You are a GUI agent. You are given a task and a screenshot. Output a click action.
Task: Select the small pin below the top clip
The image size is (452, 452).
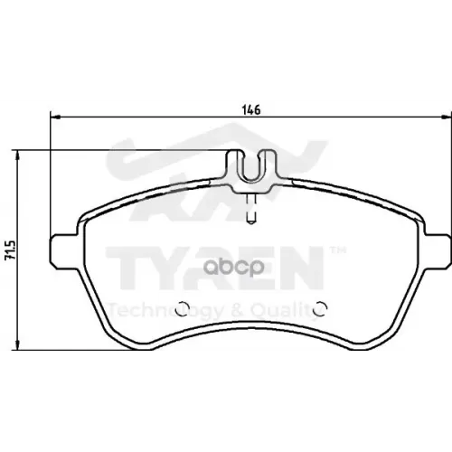[253, 211]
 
